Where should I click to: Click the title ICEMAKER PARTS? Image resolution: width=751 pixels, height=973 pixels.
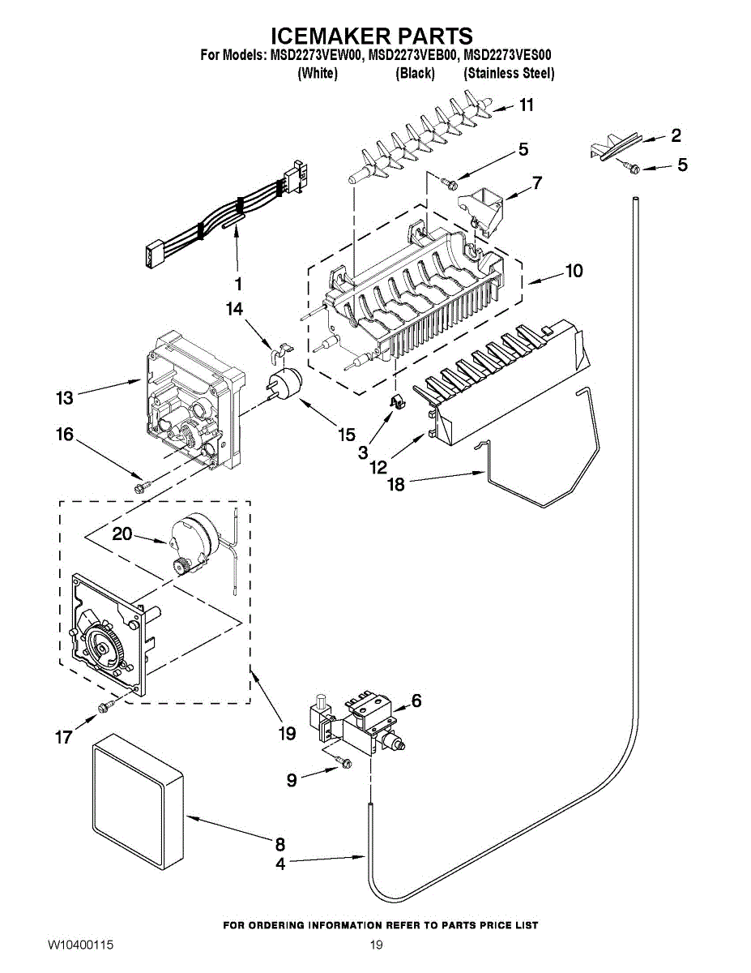[370, 36]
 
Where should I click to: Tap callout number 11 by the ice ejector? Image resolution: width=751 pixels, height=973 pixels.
[527, 105]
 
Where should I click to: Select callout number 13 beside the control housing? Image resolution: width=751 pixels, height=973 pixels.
[65, 398]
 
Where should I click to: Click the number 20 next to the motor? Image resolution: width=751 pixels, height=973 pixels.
[122, 534]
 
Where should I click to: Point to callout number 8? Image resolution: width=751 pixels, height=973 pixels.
[279, 844]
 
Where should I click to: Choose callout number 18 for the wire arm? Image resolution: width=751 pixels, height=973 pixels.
[396, 484]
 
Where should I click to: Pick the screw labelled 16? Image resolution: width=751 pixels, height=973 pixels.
[141, 485]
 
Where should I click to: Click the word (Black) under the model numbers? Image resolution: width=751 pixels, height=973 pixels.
[415, 74]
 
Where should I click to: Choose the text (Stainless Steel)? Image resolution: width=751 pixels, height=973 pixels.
[509, 74]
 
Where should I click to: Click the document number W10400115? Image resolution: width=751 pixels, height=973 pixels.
[79, 945]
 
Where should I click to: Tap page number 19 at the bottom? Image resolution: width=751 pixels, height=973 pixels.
[375, 945]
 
